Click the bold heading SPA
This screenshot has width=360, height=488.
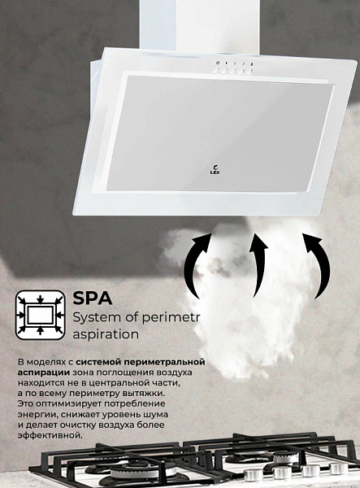click(x=93, y=298)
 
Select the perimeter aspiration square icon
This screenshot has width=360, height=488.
click(x=41, y=315)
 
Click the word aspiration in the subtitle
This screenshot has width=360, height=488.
click(x=106, y=335)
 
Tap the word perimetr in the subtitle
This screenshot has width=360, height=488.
click(x=171, y=318)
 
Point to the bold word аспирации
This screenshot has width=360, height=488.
click(x=44, y=373)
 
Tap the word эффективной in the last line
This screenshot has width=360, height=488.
click(x=50, y=435)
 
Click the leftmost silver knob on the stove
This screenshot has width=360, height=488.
click(x=252, y=475)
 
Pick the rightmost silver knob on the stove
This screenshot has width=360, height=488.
click(x=338, y=468)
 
